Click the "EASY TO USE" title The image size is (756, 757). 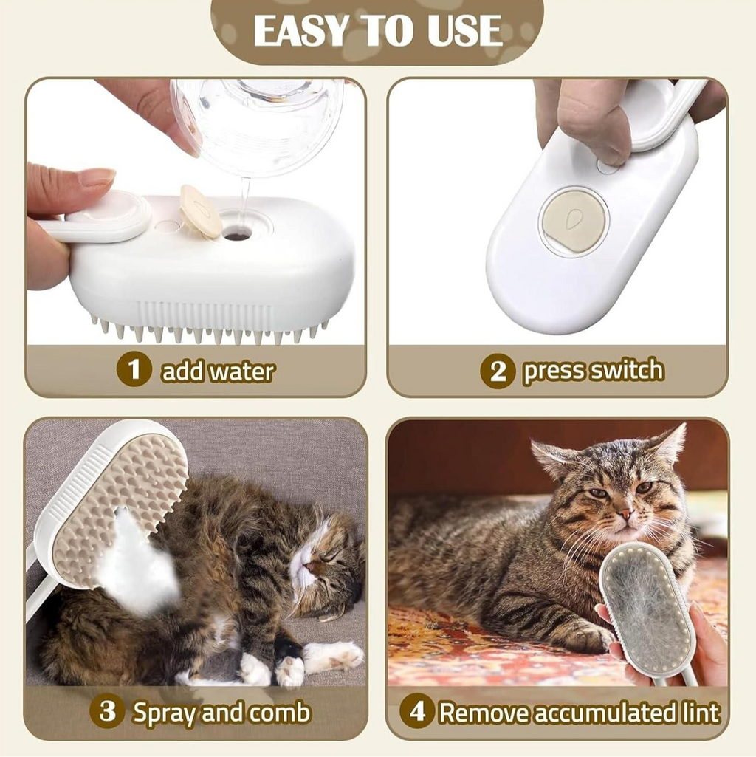[378, 30]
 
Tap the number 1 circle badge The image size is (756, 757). [134, 369]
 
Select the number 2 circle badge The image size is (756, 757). [498, 371]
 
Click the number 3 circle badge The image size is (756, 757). [108, 711]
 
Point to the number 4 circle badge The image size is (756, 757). [417, 711]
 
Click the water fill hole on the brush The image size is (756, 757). [237, 236]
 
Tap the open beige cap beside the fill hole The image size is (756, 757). [200, 211]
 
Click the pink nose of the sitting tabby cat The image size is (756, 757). [625, 513]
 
